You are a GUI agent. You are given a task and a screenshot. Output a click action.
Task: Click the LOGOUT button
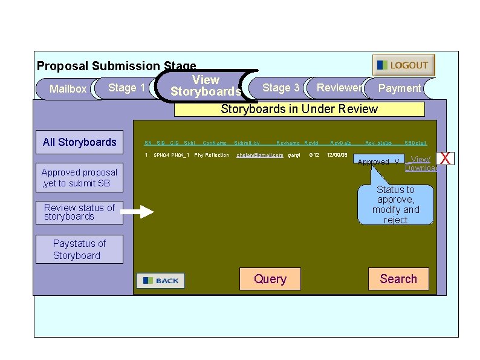[403, 65]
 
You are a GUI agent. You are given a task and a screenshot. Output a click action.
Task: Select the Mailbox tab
[67, 89]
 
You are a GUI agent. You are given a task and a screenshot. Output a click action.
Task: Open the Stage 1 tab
[126, 88]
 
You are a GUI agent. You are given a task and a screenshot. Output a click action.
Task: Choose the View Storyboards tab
[205, 86]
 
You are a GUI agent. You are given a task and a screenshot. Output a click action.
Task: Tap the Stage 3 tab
[280, 88]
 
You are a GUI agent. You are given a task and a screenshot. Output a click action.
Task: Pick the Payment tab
[399, 88]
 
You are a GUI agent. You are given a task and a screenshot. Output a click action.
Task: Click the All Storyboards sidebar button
[79, 142]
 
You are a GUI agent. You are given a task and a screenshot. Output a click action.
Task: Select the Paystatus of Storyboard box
[79, 249]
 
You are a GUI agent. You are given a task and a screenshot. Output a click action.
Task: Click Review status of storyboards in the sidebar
[79, 212]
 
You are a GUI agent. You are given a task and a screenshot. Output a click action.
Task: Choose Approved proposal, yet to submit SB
[79, 177]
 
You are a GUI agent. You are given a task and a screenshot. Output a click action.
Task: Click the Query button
[270, 279]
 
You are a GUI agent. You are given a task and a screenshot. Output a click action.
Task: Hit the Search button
[398, 279]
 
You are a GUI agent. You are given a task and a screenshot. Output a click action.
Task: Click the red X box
[446, 159]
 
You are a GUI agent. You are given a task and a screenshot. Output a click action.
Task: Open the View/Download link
[420, 164]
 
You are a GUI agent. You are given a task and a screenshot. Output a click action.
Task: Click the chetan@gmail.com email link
[259, 155]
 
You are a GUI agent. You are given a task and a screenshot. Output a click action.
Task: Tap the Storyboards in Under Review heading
[299, 110]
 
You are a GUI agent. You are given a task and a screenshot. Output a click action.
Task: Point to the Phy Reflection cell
[212, 155]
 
